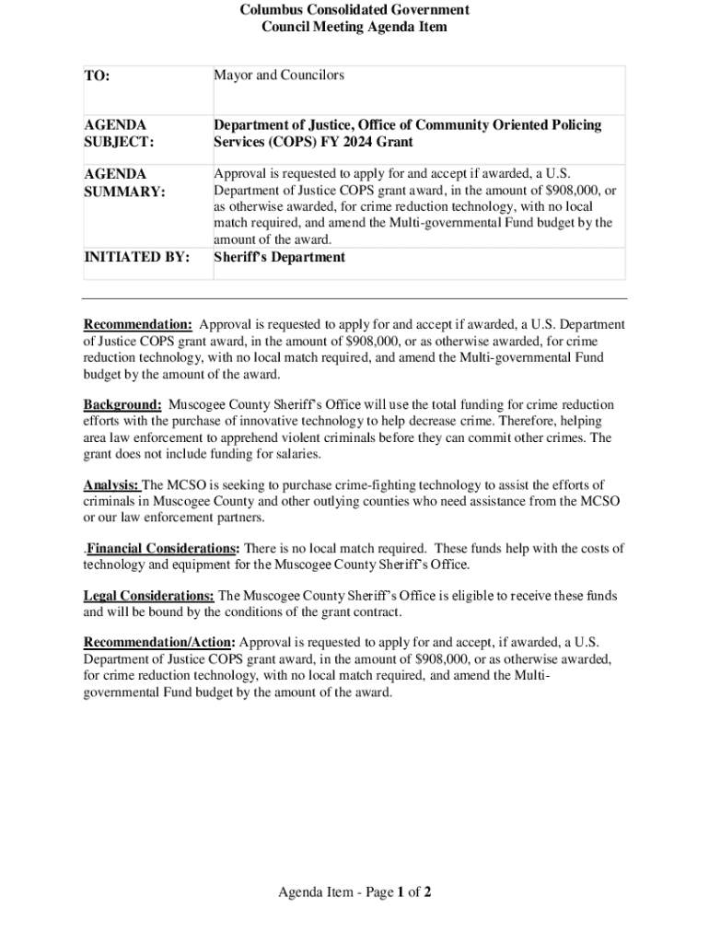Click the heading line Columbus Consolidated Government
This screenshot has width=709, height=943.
[x=354, y=10]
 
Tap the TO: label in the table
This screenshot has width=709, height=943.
[x=98, y=76]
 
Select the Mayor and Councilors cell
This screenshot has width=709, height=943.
[x=279, y=75]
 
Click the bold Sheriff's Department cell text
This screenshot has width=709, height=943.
[x=279, y=257]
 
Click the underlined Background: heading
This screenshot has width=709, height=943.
[x=122, y=405]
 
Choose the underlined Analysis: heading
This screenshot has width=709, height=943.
[x=111, y=485]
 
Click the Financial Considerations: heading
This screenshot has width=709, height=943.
[x=164, y=548]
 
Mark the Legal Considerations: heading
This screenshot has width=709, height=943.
[x=149, y=596]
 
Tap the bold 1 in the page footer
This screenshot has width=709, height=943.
[x=401, y=892]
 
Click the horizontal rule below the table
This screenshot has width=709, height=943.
[x=354, y=298]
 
